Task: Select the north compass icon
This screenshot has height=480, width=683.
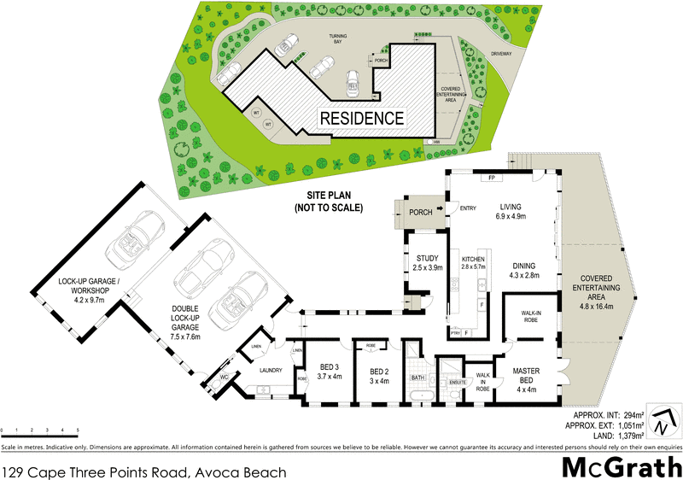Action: click(x=663, y=420)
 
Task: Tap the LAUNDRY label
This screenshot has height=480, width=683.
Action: click(x=271, y=371)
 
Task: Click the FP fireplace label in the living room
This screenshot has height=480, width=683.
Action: click(x=493, y=178)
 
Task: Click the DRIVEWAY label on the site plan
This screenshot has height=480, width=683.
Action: click(x=502, y=54)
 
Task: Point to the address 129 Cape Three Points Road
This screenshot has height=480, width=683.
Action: click(x=143, y=471)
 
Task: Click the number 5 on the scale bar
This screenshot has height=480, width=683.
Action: click(x=78, y=430)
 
